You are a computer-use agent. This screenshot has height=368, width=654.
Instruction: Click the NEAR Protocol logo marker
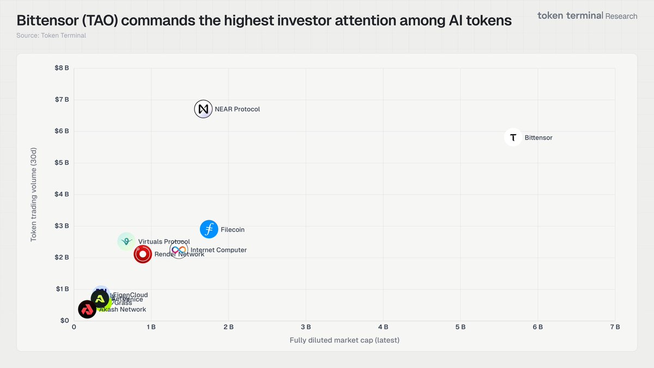coord(203,109)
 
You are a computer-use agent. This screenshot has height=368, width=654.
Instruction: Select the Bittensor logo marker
coord(513,137)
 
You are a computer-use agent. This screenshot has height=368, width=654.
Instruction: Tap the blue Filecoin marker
coord(209,230)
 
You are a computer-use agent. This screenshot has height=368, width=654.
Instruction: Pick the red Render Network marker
coord(143,254)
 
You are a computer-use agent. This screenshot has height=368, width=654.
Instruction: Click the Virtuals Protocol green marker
coord(126,241)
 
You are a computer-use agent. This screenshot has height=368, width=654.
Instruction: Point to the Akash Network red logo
coord(87,310)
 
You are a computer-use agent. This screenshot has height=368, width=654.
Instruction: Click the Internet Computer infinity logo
coord(178,250)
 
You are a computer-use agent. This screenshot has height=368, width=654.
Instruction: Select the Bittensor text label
coord(538,138)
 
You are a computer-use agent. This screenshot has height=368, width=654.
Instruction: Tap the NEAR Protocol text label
coord(237,110)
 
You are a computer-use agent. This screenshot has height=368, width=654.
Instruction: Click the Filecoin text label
coord(233,230)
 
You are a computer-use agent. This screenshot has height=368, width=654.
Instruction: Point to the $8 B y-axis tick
coord(62,68)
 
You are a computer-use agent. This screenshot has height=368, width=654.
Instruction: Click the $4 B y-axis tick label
coord(62,194)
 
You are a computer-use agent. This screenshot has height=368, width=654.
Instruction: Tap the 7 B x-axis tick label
coord(615,327)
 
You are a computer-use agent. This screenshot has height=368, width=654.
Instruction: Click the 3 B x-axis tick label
coord(306,327)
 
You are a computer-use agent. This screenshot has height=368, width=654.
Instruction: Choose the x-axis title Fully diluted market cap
coord(344,341)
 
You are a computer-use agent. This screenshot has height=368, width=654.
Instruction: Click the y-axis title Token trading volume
coord(34,194)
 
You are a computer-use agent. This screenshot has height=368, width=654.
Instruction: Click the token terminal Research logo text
coord(587,16)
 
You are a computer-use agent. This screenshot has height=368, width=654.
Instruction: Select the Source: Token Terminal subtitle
coord(51,35)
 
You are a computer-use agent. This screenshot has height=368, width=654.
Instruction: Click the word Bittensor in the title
coord(51,21)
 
